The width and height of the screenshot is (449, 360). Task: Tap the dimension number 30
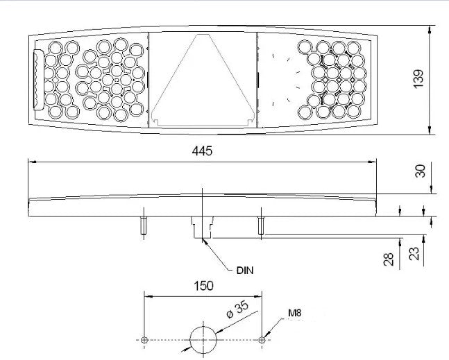[420, 171]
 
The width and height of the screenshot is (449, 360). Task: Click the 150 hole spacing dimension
[203, 285]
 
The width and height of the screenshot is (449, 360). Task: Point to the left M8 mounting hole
[144, 340]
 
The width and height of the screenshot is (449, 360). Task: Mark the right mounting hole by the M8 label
[262, 340]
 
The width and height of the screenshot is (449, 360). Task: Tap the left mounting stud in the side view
[143, 225]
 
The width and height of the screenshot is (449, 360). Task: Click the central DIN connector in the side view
[203, 226]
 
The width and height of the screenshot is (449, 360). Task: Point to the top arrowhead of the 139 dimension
[432, 28]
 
